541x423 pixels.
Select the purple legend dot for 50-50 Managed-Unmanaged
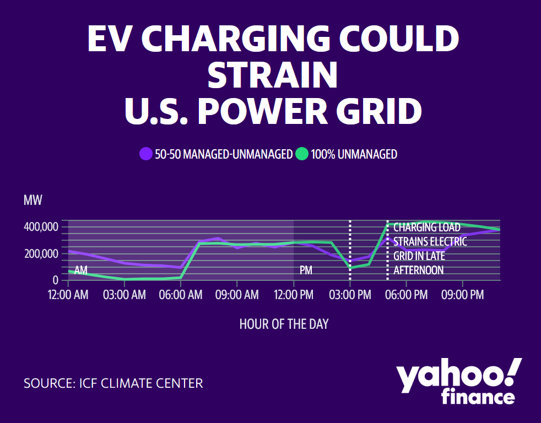146,154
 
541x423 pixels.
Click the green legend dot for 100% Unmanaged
302,154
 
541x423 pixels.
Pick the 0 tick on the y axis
55,280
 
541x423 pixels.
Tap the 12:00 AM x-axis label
68,295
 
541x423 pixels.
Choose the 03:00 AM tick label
125,295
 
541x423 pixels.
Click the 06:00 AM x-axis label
181,295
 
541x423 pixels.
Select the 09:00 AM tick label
237,295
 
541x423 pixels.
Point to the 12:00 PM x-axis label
293,295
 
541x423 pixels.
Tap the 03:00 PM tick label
350,295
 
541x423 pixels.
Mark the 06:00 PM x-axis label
406,295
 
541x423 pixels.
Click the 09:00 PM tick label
463,295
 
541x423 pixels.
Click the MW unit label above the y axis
33,200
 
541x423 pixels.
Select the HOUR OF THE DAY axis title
284,324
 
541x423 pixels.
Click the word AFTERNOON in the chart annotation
418,270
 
